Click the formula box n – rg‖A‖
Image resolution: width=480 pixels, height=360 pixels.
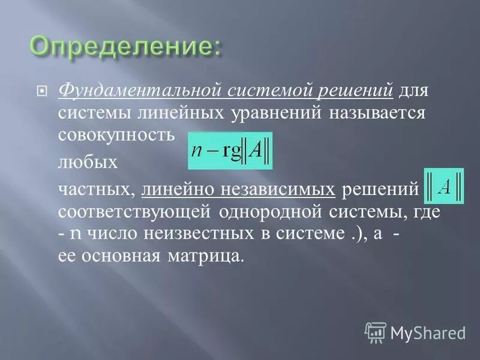coord(230,151)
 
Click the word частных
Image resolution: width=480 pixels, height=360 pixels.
coord(97,190)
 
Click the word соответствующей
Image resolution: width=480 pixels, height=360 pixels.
coord(133,212)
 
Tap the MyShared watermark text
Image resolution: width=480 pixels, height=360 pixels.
coord(428,332)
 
